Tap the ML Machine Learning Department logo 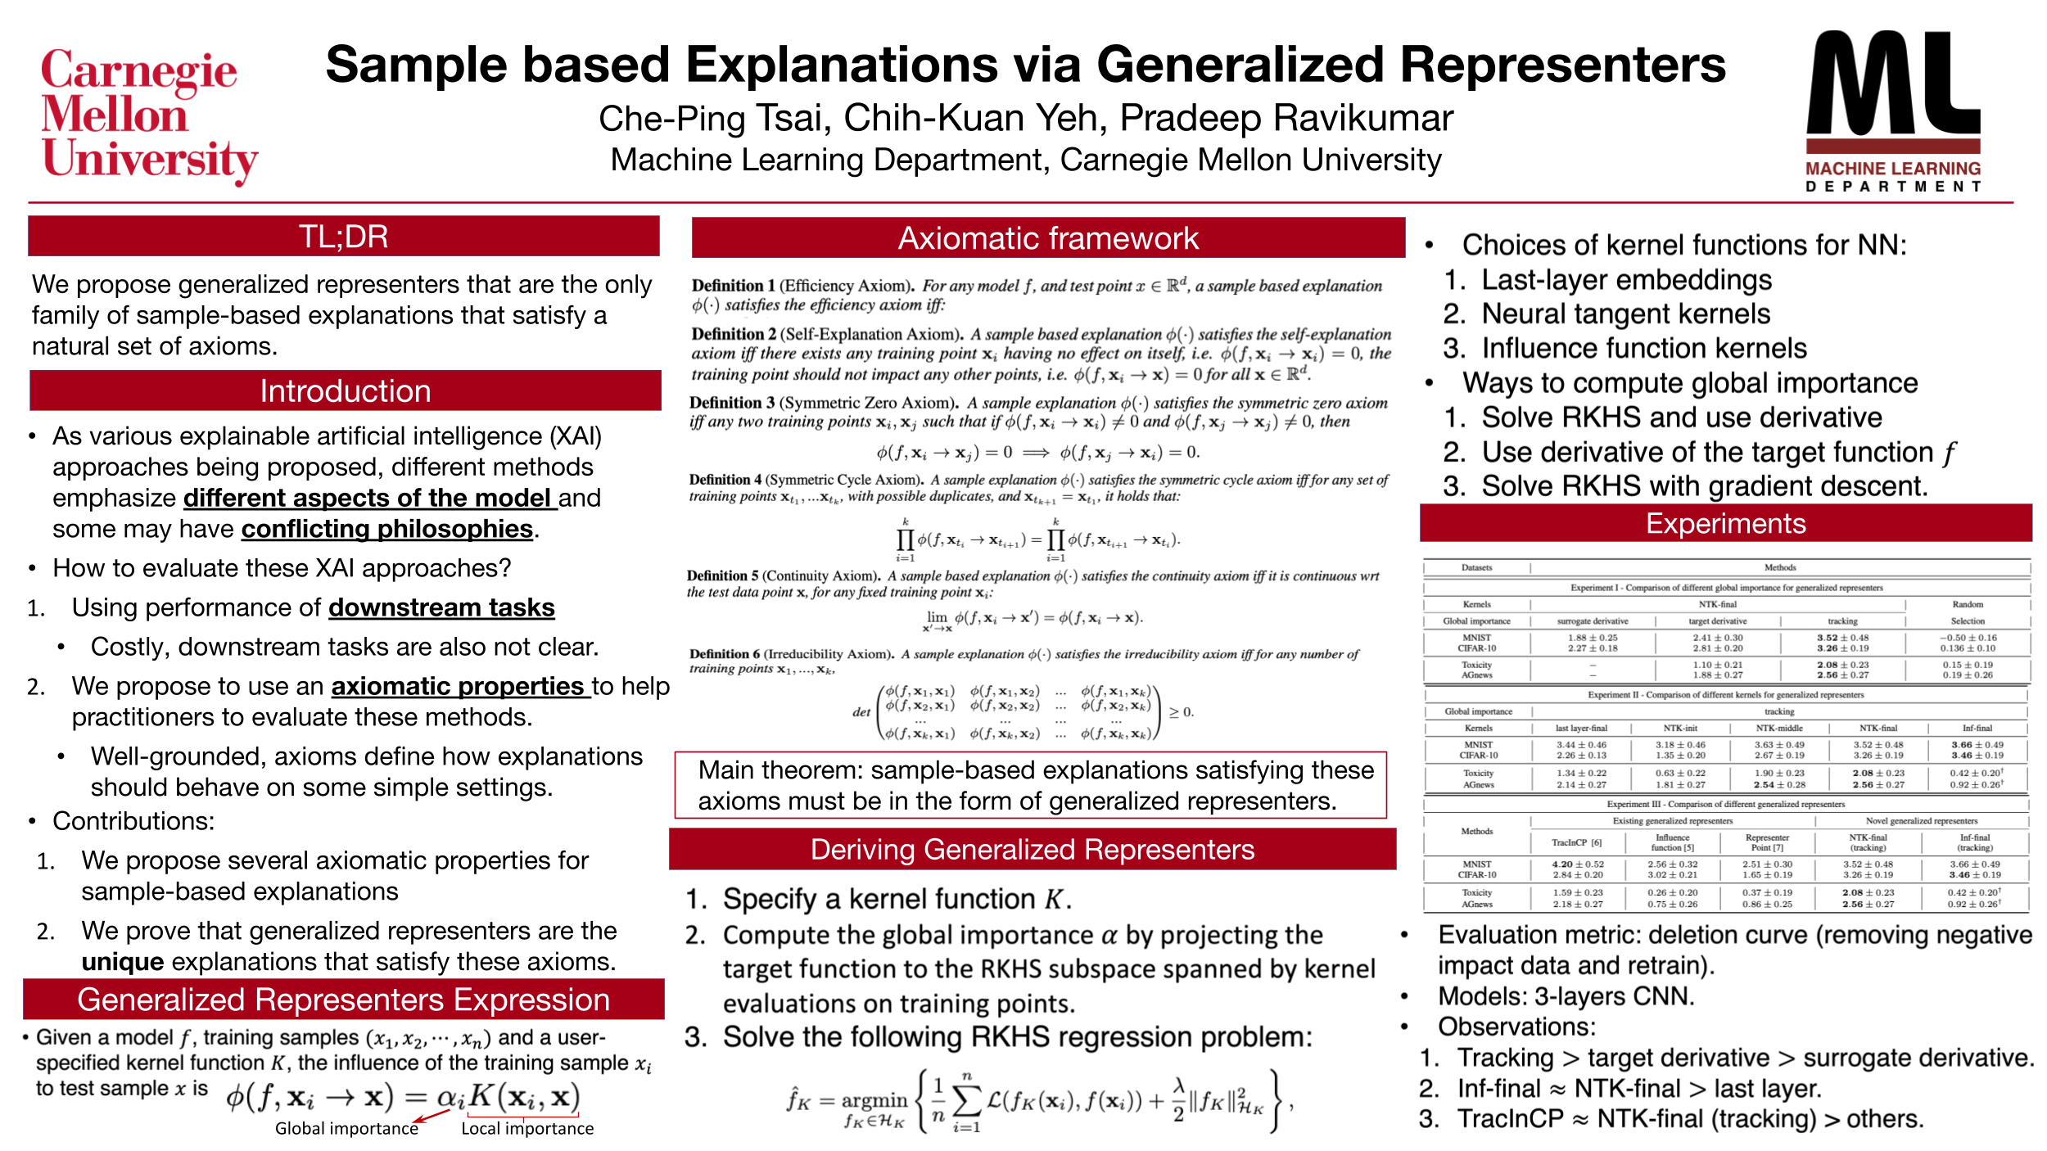coord(1892,111)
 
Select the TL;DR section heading coord(343,237)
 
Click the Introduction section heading coord(345,391)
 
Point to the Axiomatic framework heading coord(1047,238)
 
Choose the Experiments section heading coord(1725,524)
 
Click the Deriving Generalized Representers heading coord(1032,850)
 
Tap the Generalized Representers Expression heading coord(343,1000)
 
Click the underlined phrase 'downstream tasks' coord(441,607)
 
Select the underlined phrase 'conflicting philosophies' coord(386,529)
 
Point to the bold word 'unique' coord(122,961)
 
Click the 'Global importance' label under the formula coord(346,1128)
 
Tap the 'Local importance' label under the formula coord(527,1128)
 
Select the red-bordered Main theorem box coord(1030,785)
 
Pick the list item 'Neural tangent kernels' coord(1625,314)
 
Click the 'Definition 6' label coord(724,654)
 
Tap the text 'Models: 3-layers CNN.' coord(1566,996)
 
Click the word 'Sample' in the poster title coord(418,65)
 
